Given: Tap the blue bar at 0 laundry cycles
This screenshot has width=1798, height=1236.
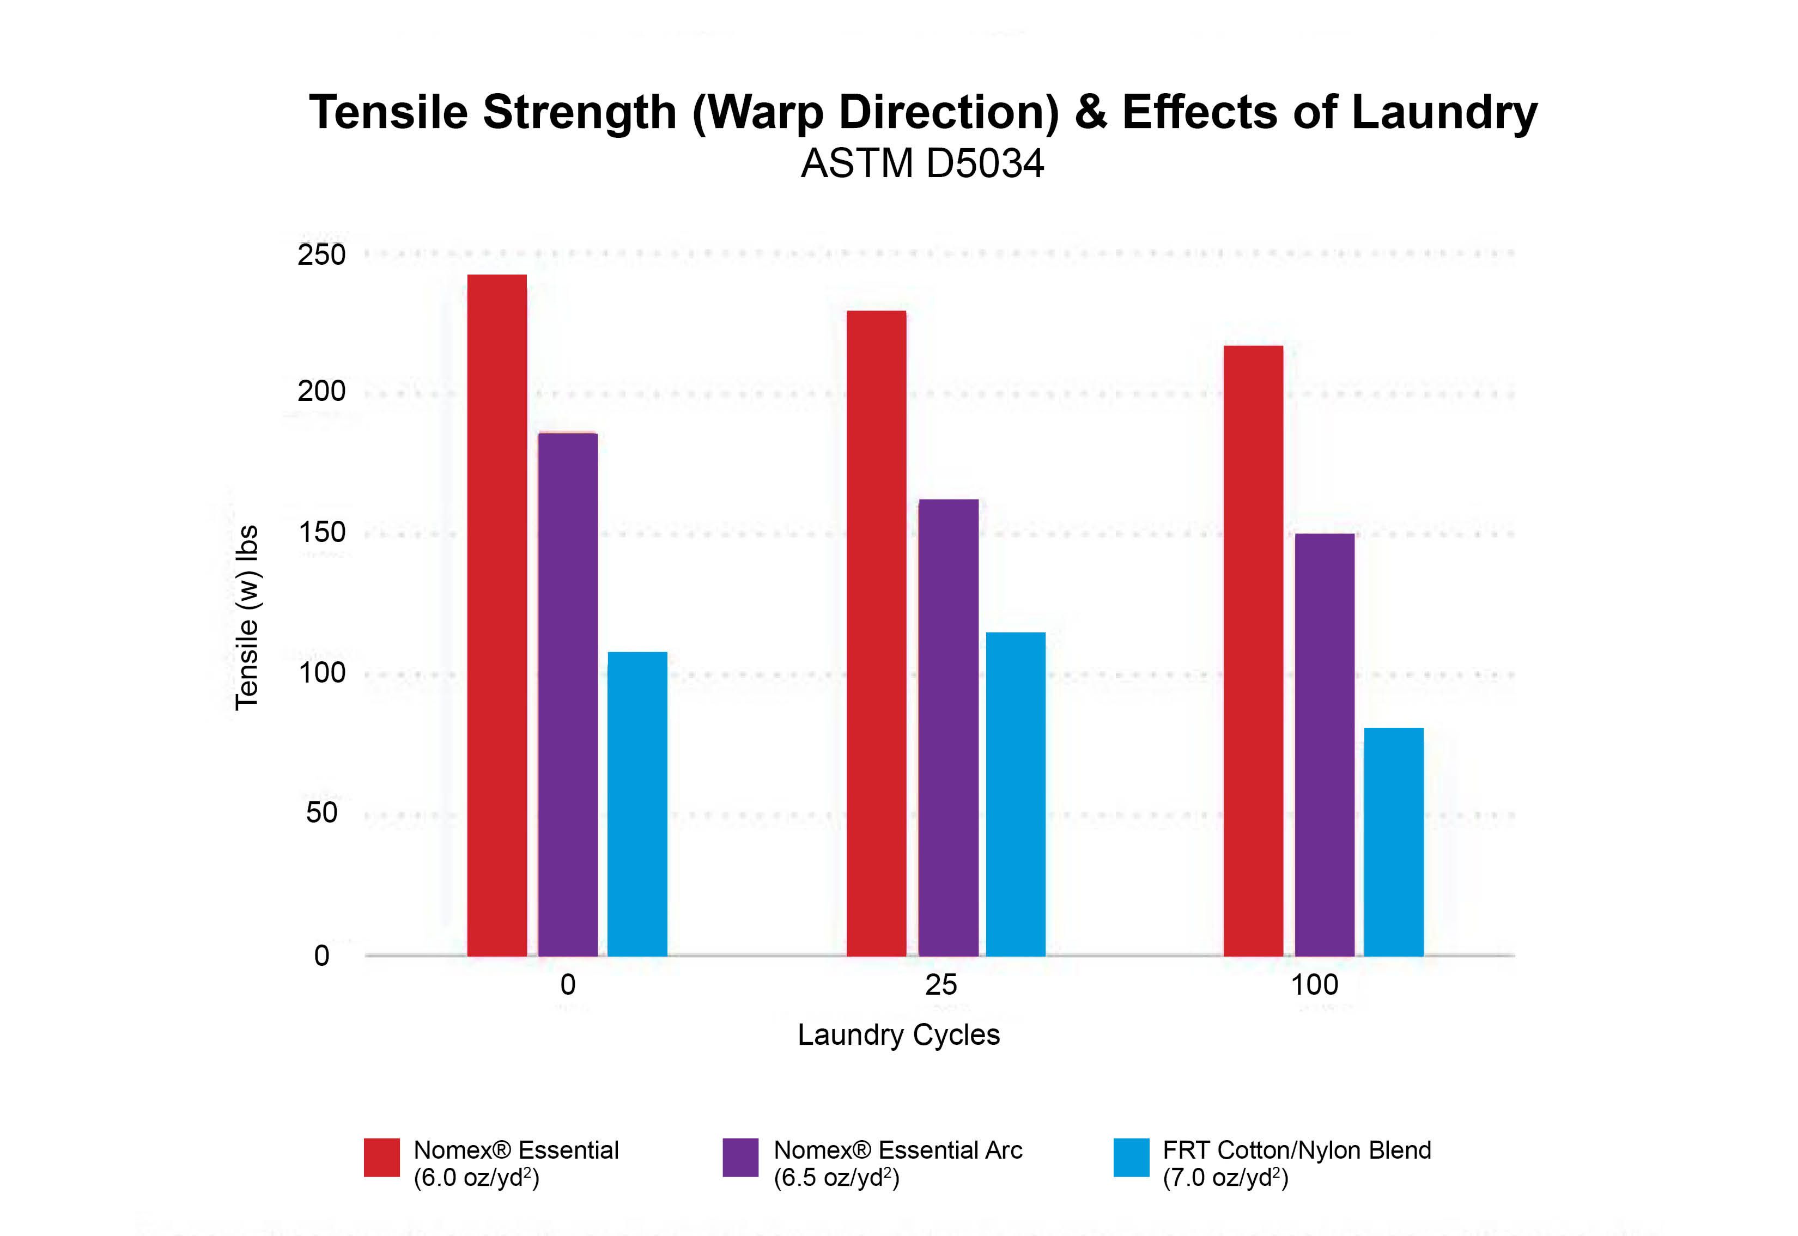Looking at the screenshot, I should pyautogui.click(x=637, y=804).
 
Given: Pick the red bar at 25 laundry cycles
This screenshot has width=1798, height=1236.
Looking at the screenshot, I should pyautogui.click(x=876, y=633).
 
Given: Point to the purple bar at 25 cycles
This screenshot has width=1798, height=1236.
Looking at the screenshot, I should pyautogui.click(x=948, y=727).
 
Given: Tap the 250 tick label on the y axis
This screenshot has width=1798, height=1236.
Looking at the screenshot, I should pyautogui.click(x=321, y=255).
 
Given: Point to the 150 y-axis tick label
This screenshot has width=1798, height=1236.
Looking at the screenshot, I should pyautogui.click(x=321, y=533).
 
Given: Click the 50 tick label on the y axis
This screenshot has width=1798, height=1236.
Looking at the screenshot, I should pyautogui.click(x=322, y=813).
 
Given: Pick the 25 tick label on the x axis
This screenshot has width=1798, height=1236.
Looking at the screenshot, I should pyautogui.click(x=940, y=985).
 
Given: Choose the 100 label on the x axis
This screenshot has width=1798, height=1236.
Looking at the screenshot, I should pyautogui.click(x=1314, y=985).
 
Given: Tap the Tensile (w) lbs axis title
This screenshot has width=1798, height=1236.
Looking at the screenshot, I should pyautogui.click(x=246, y=618).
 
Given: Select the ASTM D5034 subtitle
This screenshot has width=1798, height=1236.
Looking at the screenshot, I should pyautogui.click(x=922, y=163).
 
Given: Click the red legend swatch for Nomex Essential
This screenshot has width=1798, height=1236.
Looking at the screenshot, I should pyautogui.click(x=382, y=1157).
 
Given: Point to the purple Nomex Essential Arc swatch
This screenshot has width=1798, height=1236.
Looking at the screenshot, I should pyautogui.click(x=740, y=1157).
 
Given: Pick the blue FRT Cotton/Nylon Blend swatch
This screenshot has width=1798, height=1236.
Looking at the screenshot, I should pyautogui.click(x=1131, y=1157).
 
